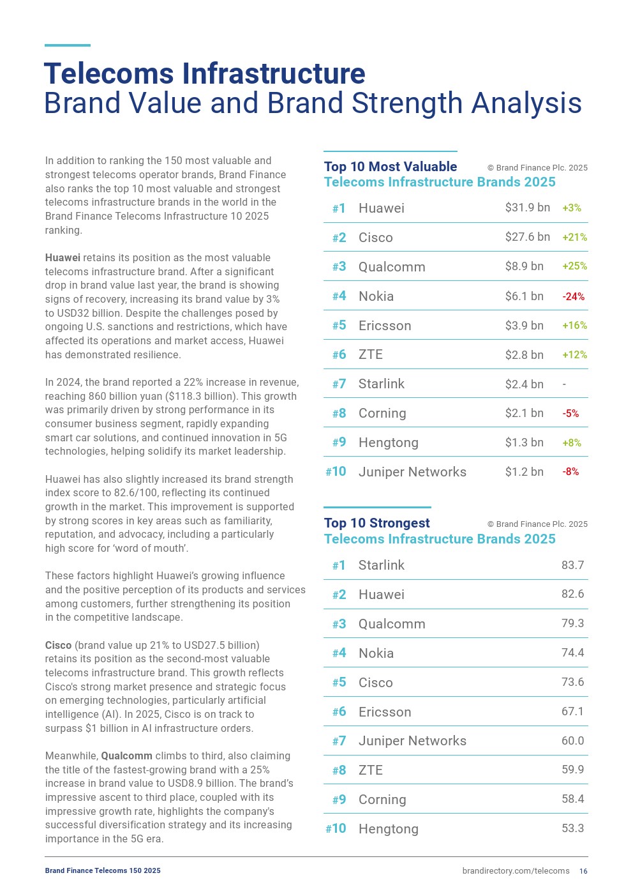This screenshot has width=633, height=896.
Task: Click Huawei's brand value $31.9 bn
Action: click(x=527, y=208)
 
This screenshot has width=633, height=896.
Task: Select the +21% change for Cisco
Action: click(x=574, y=237)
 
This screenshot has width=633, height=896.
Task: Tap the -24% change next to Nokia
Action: click(x=573, y=296)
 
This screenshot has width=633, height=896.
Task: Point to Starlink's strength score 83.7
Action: click(x=572, y=565)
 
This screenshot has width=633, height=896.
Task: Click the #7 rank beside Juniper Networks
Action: click(x=339, y=741)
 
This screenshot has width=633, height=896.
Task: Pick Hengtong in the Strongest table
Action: click(x=388, y=829)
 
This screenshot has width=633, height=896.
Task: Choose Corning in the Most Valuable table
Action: click(x=382, y=413)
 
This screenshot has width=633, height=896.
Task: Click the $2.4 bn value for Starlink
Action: click(x=524, y=384)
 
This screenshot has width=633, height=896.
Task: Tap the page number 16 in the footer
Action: click(x=583, y=871)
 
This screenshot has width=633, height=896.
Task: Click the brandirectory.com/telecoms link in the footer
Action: click(x=516, y=871)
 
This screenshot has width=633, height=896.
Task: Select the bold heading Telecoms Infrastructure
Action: click(x=204, y=73)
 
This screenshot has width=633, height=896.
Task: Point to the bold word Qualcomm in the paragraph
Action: click(x=126, y=756)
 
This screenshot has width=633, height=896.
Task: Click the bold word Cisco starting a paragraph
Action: click(x=58, y=645)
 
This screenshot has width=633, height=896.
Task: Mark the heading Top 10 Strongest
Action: click(x=376, y=523)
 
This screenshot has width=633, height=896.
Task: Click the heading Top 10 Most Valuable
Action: click(x=390, y=167)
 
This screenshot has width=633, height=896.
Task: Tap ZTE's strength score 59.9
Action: click(x=572, y=770)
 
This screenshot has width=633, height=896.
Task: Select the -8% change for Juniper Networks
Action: click(x=570, y=471)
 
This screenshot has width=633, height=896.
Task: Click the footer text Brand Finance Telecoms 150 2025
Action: click(x=103, y=870)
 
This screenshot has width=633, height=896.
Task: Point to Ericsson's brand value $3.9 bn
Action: click(x=524, y=325)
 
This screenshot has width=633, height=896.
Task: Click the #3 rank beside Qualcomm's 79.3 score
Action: click(x=339, y=624)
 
